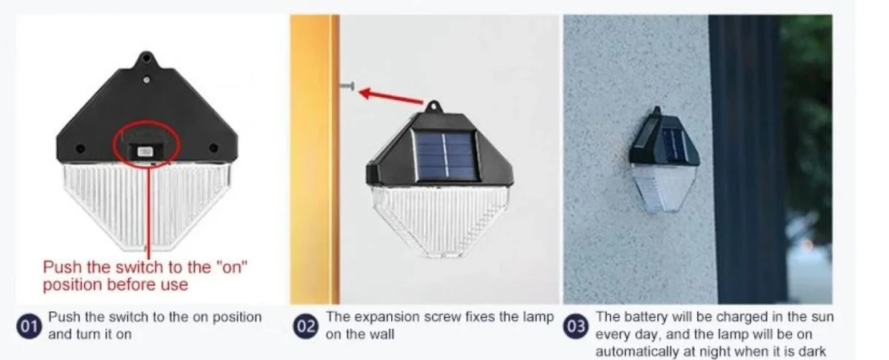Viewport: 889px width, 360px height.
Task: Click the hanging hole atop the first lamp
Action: (x=146, y=58)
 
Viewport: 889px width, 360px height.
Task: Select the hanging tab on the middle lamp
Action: (x=433, y=107)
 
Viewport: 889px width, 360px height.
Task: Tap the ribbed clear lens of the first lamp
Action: (x=146, y=200)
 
